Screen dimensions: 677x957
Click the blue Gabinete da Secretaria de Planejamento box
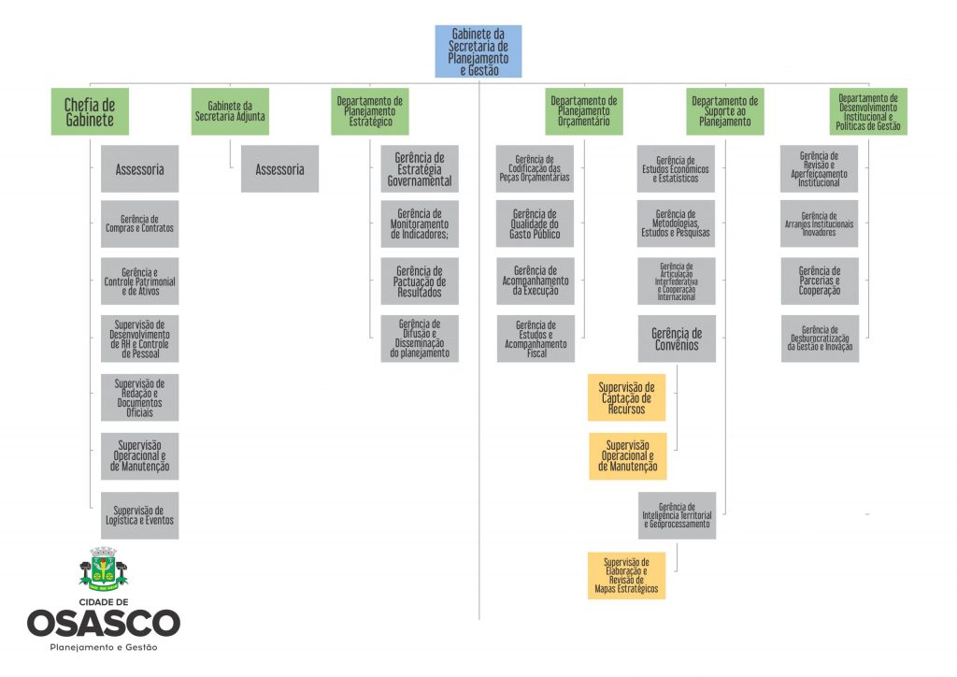point(478,51)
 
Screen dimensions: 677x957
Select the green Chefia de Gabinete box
point(90,111)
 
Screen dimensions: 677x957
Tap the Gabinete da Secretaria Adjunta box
point(230,111)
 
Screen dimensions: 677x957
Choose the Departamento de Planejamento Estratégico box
point(370,111)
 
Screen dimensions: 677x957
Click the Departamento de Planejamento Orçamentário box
point(584,111)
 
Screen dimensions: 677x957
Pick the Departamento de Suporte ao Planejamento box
point(724,111)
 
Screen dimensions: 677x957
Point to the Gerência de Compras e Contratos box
point(139,223)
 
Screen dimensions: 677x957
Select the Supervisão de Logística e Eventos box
point(139,515)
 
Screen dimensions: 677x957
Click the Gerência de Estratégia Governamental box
point(420,169)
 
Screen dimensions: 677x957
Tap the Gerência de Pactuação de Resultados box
point(420,281)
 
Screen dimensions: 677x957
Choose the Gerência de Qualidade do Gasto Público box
point(536,223)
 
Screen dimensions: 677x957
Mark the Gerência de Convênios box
point(677,338)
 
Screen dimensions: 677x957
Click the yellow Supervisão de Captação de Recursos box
point(627,397)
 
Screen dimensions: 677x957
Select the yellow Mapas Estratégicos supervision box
point(627,575)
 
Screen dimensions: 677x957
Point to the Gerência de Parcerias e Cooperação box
point(820,281)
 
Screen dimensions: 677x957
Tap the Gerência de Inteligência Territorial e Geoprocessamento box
point(677,515)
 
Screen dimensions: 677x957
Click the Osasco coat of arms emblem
point(103,570)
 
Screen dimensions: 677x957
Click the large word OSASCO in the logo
point(103,624)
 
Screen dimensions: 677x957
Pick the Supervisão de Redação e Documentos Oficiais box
point(139,397)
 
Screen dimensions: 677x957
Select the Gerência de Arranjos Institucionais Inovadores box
point(820,223)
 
